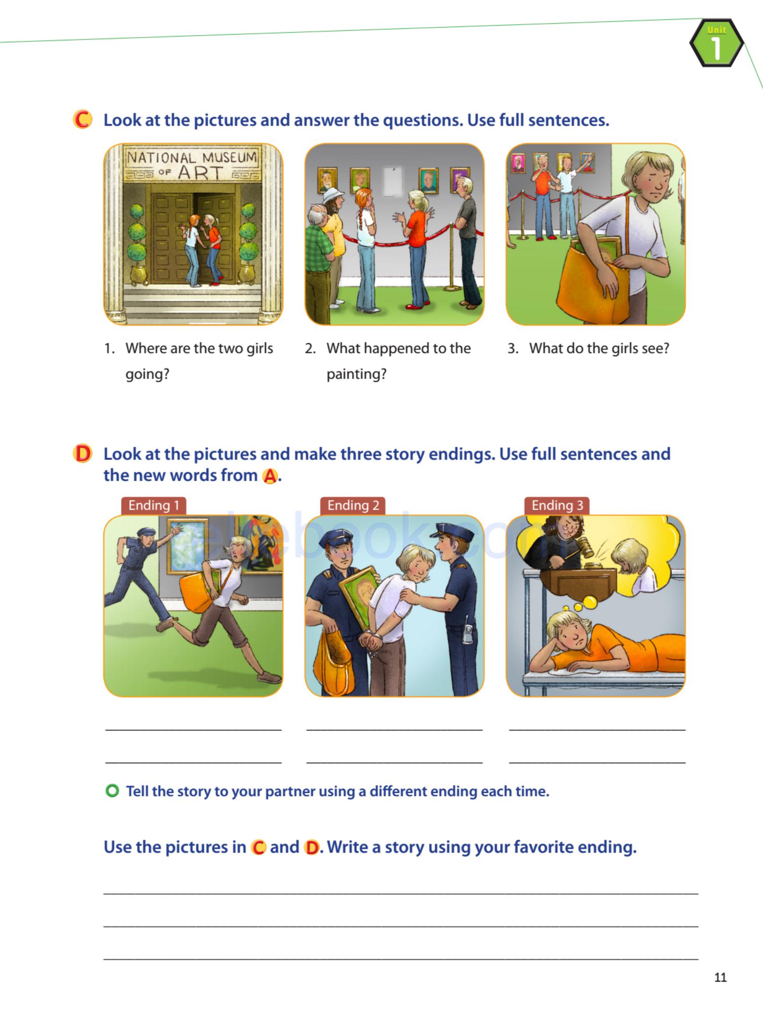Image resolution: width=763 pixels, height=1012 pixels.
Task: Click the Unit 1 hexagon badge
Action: pos(716,43)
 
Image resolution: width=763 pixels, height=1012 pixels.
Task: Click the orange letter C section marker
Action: pos(82,120)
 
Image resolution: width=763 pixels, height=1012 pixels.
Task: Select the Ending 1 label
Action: pos(153,506)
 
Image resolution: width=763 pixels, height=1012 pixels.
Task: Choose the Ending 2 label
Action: pos(353,506)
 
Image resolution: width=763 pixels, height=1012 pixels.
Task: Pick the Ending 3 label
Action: pos(557,506)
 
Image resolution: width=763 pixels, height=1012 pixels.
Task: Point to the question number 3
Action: pos(513,348)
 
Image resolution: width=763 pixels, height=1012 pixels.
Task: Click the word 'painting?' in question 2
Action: pos(356,374)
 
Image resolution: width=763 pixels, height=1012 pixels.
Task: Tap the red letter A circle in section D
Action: pos(270,476)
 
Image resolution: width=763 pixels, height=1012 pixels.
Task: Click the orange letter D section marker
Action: pos(82,454)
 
